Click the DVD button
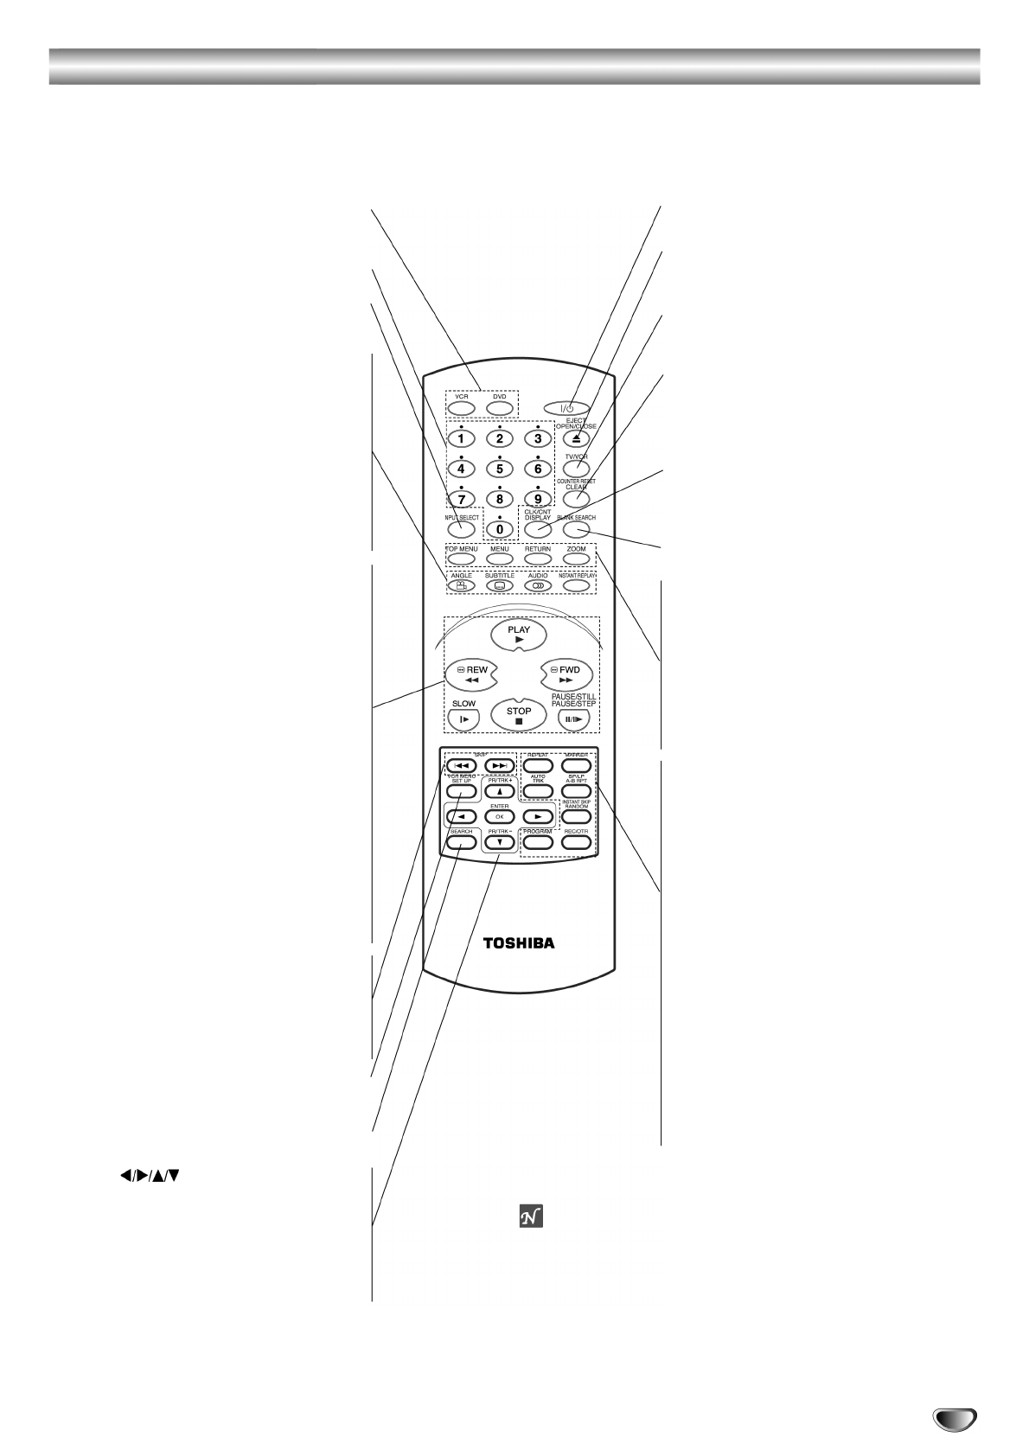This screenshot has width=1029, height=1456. pyautogui.click(x=500, y=408)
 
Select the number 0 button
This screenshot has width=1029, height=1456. pyautogui.click(x=500, y=527)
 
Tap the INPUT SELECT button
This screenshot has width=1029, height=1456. pyautogui.click(x=462, y=528)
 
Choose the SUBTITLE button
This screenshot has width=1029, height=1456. pyautogui.click(x=500, y=585)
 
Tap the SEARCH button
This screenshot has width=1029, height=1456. pyautogui.click(x=461, y=842)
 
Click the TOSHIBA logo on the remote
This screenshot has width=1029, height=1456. pyautogui.click(x=519, y=943)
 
